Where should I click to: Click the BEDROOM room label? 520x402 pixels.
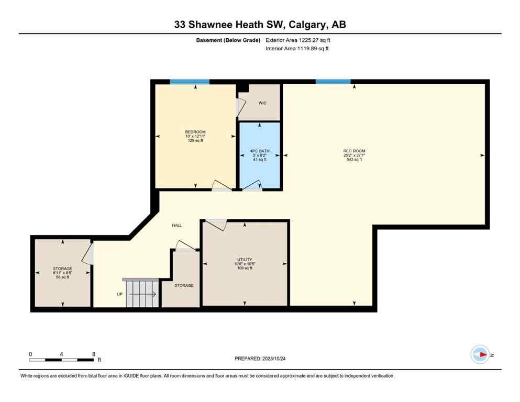pos(195,131)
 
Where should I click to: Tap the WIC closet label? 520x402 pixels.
pos(262,103)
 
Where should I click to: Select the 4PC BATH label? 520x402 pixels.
pos(260,151)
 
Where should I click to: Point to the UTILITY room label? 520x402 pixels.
pos(245,259)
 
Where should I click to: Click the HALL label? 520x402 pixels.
pos(177,226)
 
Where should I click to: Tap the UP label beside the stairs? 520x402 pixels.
pos(120,294)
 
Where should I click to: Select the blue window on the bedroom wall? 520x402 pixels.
pos(190,82)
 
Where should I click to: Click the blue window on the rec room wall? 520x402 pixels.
pos(333,82)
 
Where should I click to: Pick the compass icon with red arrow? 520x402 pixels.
pos(480,354)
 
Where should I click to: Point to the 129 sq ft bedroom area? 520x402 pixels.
pos(195,140)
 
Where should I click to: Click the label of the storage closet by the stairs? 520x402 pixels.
pos(184,286)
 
